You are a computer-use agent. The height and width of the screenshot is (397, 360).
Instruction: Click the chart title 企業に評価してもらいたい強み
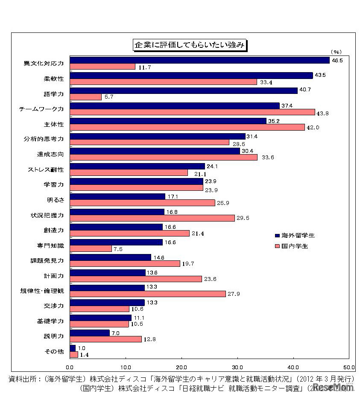189,45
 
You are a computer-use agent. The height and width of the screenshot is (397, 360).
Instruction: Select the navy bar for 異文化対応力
199,60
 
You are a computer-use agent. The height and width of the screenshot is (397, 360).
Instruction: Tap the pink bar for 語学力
85,97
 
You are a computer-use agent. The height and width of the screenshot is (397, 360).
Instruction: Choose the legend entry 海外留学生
298,235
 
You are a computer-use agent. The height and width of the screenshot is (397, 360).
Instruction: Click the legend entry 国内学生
295,246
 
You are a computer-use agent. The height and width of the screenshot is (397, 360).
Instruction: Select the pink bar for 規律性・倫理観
148,294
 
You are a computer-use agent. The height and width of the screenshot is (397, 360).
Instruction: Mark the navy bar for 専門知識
116,242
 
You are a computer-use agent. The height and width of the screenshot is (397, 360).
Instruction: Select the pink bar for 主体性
187,127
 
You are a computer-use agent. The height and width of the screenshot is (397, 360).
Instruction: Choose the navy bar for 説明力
90,333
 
